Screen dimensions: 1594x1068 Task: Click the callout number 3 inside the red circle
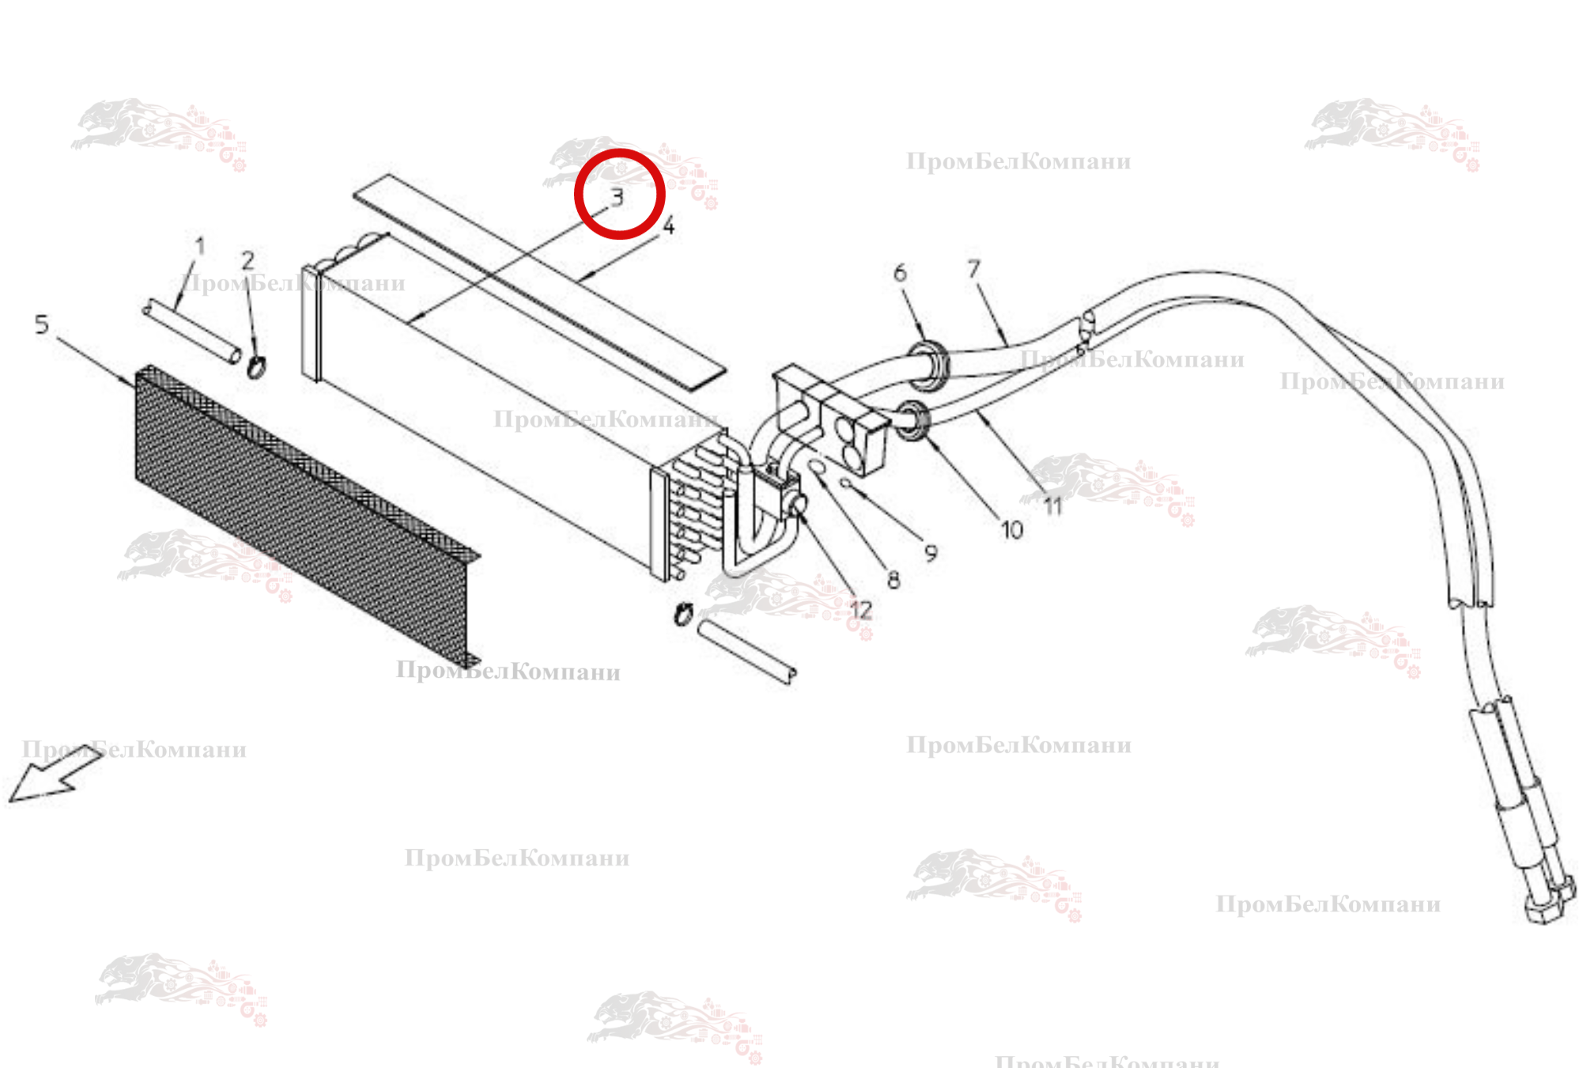pos(618,197)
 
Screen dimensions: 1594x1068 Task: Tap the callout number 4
pos(669,226)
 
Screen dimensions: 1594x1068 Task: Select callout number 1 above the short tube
pos(200,246)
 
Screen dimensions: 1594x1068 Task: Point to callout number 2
pos(248,260)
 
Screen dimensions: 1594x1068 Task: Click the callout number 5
pos(42,324)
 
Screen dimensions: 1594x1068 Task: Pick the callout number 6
pos(900,273)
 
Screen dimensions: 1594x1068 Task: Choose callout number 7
pos(973,269)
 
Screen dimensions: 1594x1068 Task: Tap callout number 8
pos(893,580)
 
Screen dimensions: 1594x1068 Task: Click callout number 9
pos(931,553)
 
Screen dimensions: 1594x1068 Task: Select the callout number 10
pos(1012,529)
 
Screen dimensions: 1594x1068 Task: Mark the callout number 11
pos(1052,506)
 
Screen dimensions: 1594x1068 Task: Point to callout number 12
pos(860,610)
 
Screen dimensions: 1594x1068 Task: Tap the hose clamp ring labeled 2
pos(256,366)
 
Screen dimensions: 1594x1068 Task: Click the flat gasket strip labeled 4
pos(540,282)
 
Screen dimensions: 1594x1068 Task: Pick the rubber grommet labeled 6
pos(927,364)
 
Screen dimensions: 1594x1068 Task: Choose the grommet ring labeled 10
pos(913,420)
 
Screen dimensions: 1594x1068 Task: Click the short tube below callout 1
pos(192,331)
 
